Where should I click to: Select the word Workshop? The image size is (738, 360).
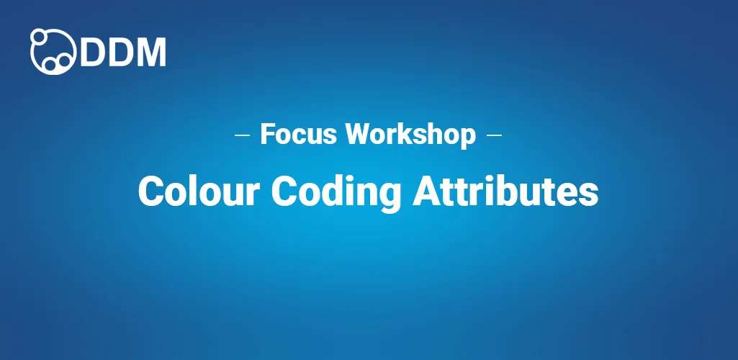[411, 134]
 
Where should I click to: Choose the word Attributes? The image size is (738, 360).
[505, 192]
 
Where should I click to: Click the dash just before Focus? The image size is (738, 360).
[243, 135]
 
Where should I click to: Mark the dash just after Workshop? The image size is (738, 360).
[494, 135]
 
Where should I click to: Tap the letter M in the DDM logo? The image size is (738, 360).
[151, 51]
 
